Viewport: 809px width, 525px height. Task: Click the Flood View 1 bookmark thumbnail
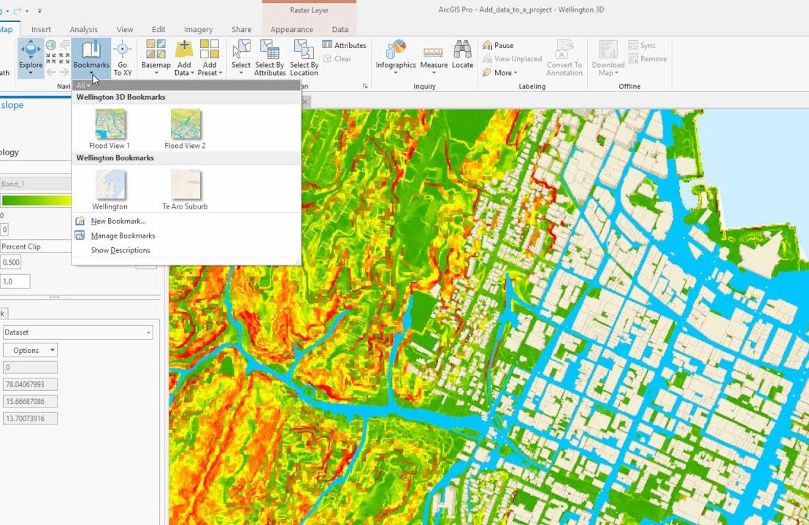[110, 124]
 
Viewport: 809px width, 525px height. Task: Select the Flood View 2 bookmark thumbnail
[185, 124]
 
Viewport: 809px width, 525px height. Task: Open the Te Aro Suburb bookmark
[185, 185]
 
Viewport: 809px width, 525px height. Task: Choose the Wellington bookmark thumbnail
[110, 185]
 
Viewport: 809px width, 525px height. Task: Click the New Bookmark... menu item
[118, 221]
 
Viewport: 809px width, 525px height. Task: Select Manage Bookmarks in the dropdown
[123, 236]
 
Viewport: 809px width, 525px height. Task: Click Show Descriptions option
[120, 250]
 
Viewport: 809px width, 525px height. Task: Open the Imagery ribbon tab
[198, 29]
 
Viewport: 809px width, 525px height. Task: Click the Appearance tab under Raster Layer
[291, 29]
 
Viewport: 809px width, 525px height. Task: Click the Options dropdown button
[31, 350]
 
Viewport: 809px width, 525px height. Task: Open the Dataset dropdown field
[77, 332]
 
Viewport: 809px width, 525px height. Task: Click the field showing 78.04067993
[29, 384]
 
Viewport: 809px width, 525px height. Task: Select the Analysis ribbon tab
[83, 29]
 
